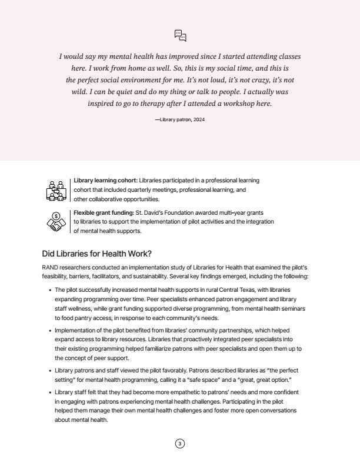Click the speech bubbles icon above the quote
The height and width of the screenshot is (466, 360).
pyautogui.click(x=181, y=36)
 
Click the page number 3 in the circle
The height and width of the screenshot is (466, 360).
pyautogui.click(x=180, y=444)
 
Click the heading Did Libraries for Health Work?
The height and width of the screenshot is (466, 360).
pyautogui.click(x=96, y=254)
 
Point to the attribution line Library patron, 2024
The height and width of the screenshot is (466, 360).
pyautogui.click(x=180, y=119)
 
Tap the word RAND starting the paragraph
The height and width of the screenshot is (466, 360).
pyautogui.click(x=50, y=267)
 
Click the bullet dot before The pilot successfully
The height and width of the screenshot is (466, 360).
pyautogui.click(x=49, y=290)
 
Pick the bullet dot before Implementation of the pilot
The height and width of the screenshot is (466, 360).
pyautogui.click(x=49, y=331)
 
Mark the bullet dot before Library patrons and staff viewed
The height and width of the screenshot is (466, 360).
pyautogui.click(x=49, y=371)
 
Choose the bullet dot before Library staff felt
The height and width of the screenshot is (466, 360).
pyautogui.click(x=49, y=392)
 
